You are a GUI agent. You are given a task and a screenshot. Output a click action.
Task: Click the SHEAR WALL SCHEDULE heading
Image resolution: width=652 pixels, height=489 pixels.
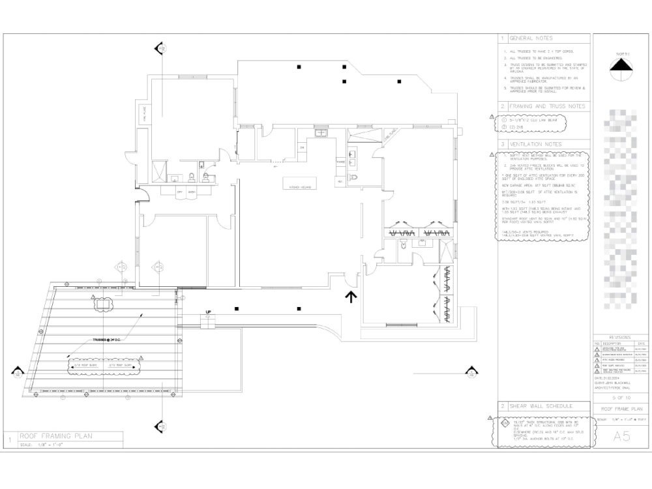pyautogui.click(x=541, y=406)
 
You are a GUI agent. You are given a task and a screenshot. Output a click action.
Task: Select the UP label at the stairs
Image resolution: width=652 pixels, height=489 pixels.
pyautogui.click(x=209, y=312)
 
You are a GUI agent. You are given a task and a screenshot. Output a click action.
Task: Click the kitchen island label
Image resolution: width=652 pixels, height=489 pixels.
pyautogui.click(x=296, y=187)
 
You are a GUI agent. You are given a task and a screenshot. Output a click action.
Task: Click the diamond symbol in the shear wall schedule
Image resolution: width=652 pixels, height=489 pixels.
pyautogui.click(x=504, y=422)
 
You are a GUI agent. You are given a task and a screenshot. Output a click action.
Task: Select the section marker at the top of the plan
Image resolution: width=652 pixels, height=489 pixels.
pyautogui.click(x=160, y=49)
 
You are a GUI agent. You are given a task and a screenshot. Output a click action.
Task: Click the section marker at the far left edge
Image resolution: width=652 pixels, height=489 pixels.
pyautogui.click(x=16, y=372)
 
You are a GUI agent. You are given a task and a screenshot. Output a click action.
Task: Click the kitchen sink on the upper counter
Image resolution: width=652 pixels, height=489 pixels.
pyautogui.click(x=321, y=133)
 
